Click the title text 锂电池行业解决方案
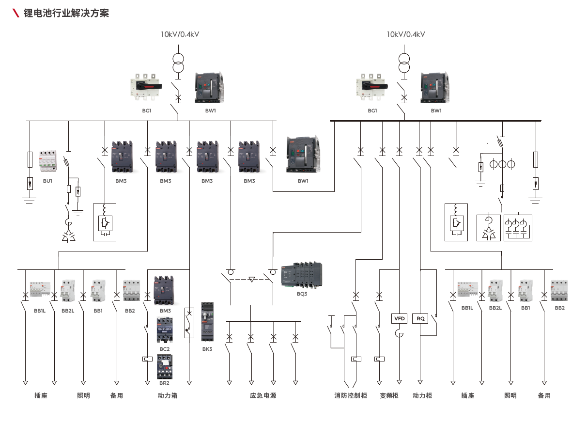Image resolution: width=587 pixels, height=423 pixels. pos(66,13)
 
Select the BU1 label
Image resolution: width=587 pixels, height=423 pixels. pos(47,181)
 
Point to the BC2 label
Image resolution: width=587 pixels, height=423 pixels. pos(165,349)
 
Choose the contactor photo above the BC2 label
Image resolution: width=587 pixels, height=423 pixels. pos(165,330)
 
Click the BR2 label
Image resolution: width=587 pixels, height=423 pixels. pos(165,383)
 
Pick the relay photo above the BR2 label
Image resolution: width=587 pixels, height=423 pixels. pos(165,366)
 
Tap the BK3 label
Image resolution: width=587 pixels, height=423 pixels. pos(207,349)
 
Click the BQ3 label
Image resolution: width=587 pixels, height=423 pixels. pos(302,294)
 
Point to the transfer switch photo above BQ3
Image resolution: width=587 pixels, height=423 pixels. pos(302,276)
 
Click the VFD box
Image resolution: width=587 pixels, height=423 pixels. pos(399,318)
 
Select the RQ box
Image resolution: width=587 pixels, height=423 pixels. pos(420,318)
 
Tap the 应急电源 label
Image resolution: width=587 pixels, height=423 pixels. pos(263,395)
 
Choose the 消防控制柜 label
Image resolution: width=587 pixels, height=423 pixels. pos(351,395)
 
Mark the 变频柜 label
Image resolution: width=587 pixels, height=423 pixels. pos(389,395)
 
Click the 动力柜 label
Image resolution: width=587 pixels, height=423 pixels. pos(422,395)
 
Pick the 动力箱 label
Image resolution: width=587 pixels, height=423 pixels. pos(168,395)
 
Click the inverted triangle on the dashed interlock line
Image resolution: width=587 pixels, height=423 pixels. pos(251,280)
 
